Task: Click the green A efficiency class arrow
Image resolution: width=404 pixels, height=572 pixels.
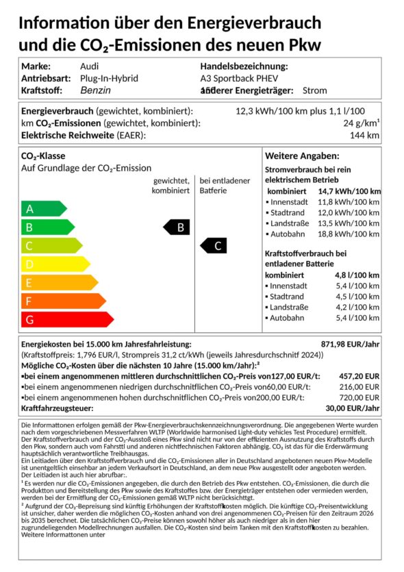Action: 43,209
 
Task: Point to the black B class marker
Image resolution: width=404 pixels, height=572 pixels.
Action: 177,227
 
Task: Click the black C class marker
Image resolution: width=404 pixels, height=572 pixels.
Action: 214,246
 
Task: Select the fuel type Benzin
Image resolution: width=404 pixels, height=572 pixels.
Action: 95,90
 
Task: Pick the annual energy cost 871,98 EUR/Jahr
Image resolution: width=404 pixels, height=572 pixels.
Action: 351,344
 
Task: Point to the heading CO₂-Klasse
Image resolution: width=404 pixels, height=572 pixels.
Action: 43,156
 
